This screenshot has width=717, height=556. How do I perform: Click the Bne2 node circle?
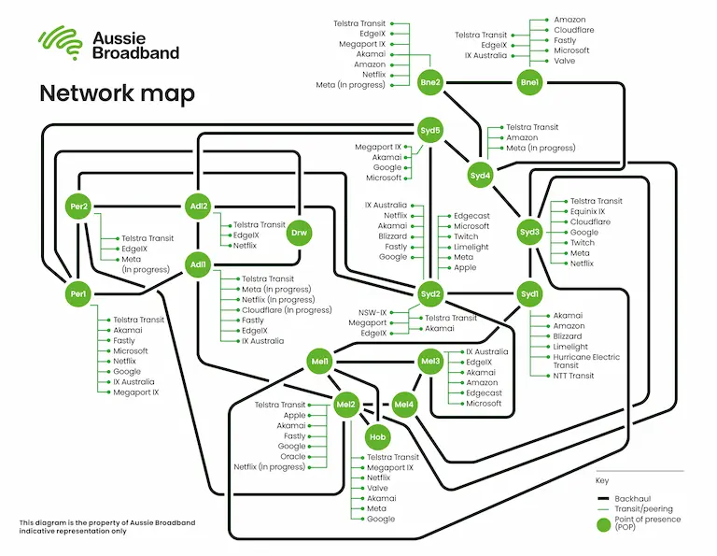[430, 83]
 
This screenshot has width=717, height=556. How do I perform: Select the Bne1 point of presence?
[529, 83]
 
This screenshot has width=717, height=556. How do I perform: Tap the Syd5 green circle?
[430, 130]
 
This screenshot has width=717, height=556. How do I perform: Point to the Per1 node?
[77, 294]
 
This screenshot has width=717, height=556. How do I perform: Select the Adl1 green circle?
[198, 264]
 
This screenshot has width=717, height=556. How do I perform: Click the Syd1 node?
[529, 294]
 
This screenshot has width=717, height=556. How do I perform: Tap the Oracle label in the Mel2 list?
[292, 456]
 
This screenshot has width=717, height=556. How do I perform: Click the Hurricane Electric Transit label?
[585, 361]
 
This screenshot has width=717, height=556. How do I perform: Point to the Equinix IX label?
[588, 211]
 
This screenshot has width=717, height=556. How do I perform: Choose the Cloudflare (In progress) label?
[287, 310]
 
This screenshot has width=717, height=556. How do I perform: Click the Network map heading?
[116, 93]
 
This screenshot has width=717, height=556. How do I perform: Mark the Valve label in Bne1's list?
[565, 61]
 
